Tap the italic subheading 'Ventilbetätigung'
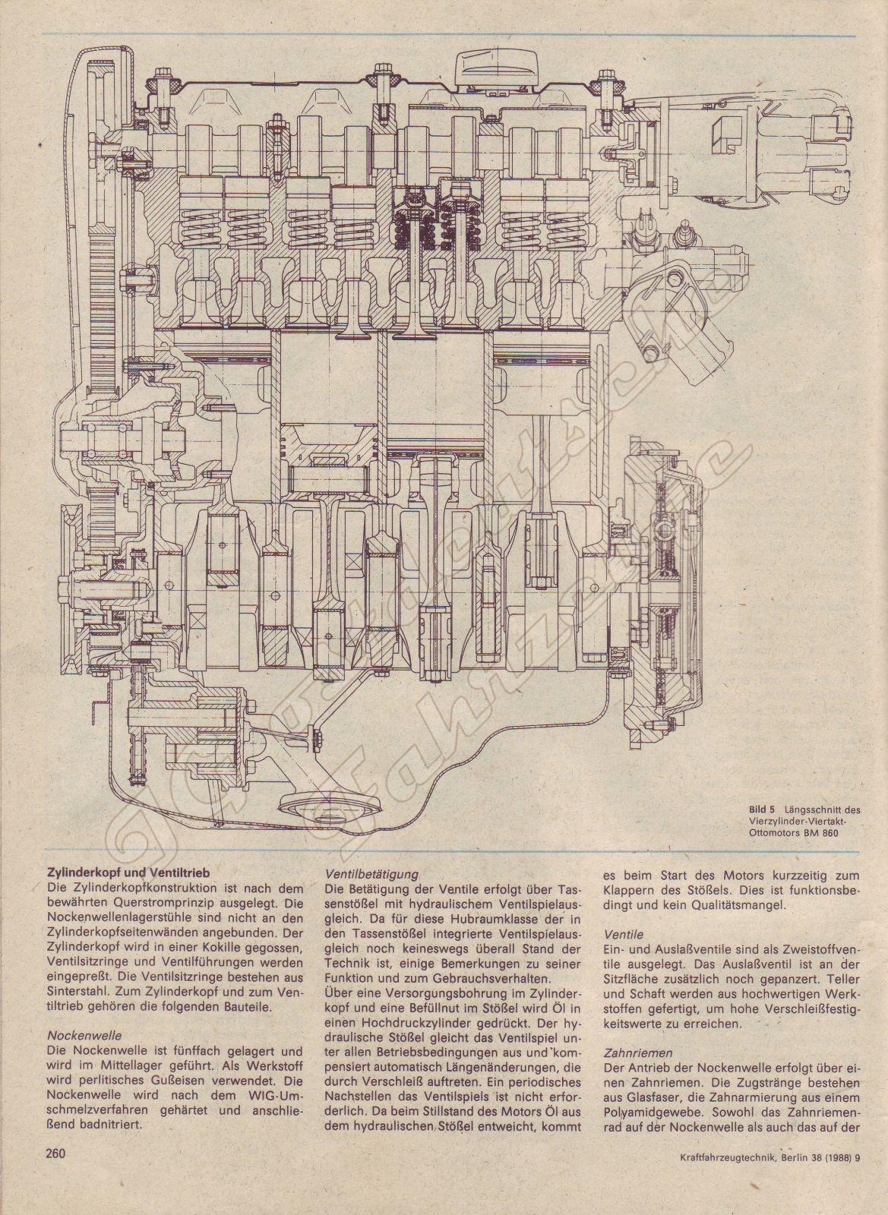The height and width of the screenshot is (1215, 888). click(x=371, y=874)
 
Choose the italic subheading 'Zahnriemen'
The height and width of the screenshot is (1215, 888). click(x=635, y=1053)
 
